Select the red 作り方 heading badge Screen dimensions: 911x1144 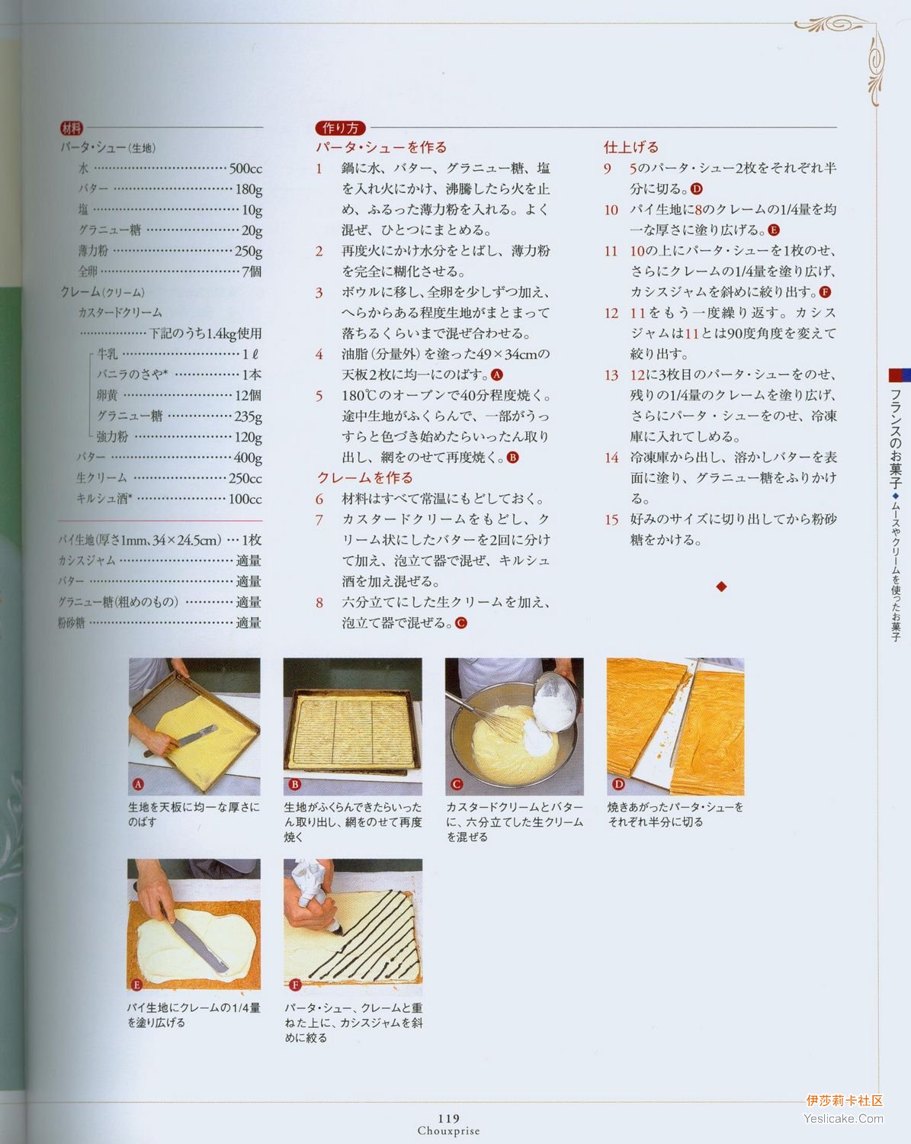[x=340, y=128]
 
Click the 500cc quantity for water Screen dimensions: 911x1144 [x=245, y=169]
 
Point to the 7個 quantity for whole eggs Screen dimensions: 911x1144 [x=252, y=272]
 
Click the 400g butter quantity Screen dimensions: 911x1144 [x=249, y=458]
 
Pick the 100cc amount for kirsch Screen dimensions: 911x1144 [x=245, y=500]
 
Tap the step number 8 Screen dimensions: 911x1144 [x=319, y=603]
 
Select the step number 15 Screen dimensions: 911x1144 [x=611, y=519]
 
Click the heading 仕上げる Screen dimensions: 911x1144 [x=631, y=147]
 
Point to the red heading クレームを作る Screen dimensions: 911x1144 [x=364, y=477]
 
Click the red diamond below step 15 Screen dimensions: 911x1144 [x=721, y=587]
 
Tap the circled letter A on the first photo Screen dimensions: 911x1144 [x=138, y=784]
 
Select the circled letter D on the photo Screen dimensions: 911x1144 [x=618, y=784]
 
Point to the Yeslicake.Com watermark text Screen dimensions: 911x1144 [x=843, y=1118]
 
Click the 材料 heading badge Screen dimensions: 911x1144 [x=71, y=128]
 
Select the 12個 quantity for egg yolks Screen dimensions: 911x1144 [x=249, y=396]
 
